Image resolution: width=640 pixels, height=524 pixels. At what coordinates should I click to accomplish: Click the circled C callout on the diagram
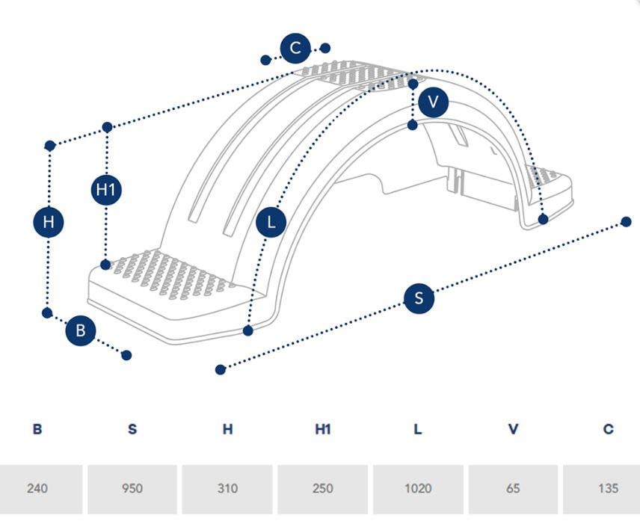coord(295,48)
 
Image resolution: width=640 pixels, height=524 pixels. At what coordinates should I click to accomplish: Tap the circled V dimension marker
coord(433,102)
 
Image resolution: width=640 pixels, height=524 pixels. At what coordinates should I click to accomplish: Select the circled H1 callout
coord(106,190)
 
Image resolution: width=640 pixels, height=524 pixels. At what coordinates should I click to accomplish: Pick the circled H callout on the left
coord(49,222)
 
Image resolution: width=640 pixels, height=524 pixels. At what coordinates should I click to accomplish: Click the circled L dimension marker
coord(271,223)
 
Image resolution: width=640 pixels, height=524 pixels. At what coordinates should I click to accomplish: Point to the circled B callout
coord(81,330)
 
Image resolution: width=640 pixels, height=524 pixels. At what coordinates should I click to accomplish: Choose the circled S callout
coord(419,298)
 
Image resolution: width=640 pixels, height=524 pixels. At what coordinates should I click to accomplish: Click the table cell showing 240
coord(37,488)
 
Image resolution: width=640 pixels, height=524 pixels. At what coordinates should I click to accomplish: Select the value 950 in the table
coord(132,488)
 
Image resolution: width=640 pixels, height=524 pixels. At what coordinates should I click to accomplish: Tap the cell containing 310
coord(227,488)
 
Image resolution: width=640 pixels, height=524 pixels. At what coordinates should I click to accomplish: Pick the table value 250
coord(322,488)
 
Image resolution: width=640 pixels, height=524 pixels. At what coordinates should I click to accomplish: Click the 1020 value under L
coord(418,488)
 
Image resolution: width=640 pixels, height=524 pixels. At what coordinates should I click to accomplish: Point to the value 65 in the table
coord(513,488)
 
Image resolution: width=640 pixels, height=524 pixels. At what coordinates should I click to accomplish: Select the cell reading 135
coord(608,488)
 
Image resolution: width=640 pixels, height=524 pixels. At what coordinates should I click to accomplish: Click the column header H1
coord(322,429)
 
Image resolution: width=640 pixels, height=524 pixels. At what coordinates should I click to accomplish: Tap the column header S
coord(132,429)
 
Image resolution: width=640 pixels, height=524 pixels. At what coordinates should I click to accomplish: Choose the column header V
coord(513,429)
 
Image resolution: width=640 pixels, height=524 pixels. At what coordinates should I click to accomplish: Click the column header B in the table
coord(37,429)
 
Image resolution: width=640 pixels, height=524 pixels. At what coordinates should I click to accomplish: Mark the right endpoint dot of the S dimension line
coord(626,222)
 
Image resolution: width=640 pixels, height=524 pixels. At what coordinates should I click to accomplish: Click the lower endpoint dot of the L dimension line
coord(247,330)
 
